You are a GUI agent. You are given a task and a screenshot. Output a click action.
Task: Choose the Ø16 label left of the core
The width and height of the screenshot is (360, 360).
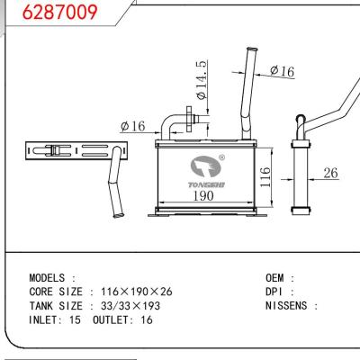pos(132,127)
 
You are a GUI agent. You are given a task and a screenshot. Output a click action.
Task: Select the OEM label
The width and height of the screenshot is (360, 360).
pos(279,279)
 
